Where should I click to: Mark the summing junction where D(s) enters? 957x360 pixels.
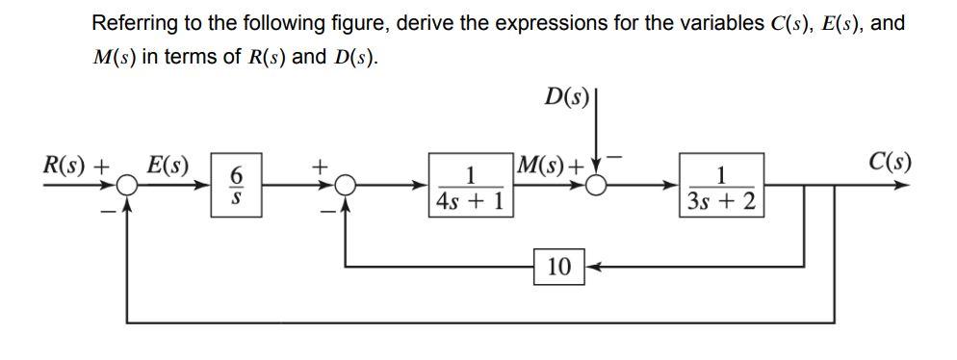click(x=597, y=187)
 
